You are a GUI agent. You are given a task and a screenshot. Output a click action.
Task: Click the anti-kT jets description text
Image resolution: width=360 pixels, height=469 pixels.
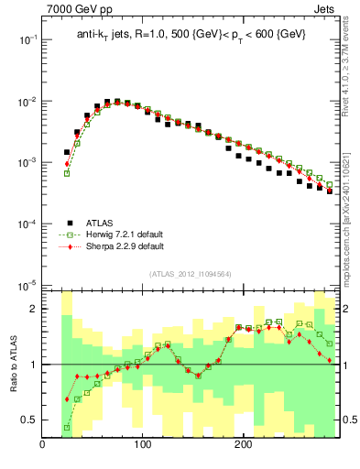pyautogui.click(x=191, y=34)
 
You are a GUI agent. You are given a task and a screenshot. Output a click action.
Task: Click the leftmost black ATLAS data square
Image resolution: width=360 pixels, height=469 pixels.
pyautogui.click(x=67, y=152)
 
